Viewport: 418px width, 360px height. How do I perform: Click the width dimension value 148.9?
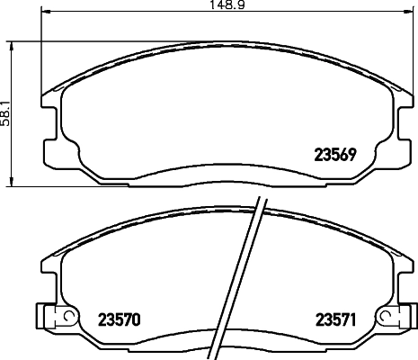coord(209,5)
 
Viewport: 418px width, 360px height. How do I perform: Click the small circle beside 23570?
coord(63,317)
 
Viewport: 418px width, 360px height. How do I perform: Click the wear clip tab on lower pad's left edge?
coord(41,316)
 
